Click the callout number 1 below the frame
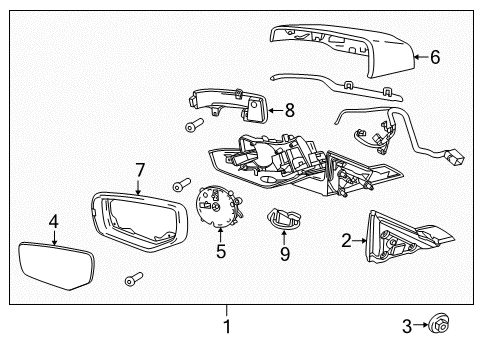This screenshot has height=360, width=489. click(x=227, y=325)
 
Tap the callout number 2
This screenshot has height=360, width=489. click(x=346, y=240)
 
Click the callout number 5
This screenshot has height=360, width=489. click(x=221, y=252)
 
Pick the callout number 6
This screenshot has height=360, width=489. click(x=435, y=57)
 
